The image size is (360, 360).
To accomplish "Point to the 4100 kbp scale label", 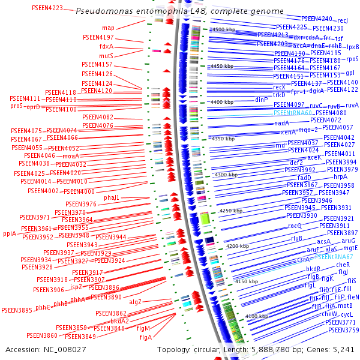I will coord(257,316).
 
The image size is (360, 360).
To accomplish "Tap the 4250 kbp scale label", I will coord(230,211).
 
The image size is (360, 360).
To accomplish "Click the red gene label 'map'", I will coord(108,28).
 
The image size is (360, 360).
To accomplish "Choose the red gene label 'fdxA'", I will coord(106,46).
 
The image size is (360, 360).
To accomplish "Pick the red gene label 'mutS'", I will coord(106,56).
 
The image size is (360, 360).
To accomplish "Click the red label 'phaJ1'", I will coord(112,197).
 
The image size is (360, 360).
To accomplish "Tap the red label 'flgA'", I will coord(145,337).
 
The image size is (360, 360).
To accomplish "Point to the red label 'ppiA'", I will coord(10,233).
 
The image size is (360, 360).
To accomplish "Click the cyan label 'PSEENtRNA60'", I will coord(293,113).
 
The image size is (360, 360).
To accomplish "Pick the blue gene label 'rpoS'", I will coord(352,59).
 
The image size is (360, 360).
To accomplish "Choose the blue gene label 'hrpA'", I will coord(341,176).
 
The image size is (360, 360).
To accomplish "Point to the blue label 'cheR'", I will coord(343,265).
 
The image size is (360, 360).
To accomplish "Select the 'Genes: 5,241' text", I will coord(333,349).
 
